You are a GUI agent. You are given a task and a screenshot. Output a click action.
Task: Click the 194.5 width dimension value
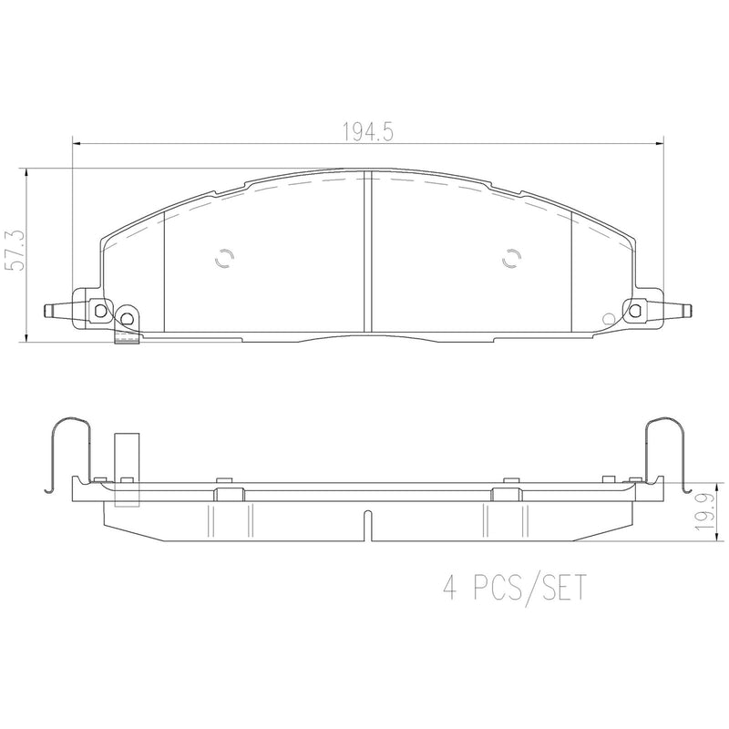pos(368,132)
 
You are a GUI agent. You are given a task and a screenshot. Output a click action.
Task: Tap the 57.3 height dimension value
pos(15,251)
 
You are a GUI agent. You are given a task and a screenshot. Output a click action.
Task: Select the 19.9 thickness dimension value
pos(703,512)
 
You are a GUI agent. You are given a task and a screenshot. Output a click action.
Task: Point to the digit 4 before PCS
pos(449,587)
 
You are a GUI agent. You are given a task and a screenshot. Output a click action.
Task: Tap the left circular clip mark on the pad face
pos(225,258)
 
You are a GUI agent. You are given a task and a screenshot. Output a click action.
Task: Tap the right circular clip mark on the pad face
pos(511,258)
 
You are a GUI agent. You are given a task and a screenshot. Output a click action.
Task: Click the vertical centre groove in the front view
pos(368,252)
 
